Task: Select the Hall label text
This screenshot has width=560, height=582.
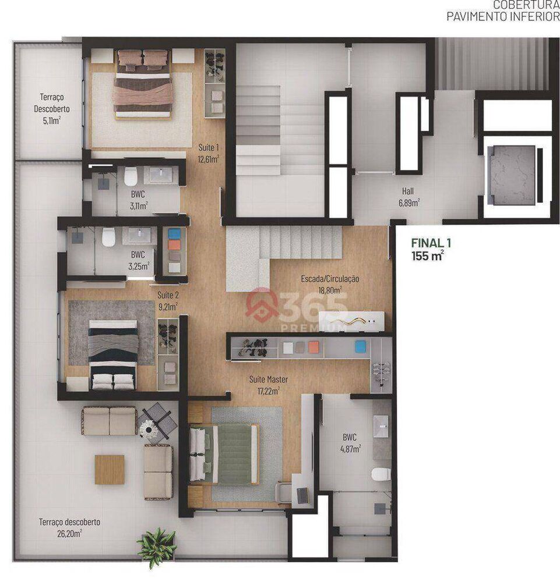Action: tap(408, 191)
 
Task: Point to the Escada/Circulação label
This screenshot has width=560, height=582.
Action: tap(330, 279)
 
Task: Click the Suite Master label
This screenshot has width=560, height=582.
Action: tap(269, 379)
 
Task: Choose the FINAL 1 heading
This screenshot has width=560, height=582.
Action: tap(431, 244)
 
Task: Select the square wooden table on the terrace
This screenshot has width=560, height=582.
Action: tap(110, 469)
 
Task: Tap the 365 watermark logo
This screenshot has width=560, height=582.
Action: tap(297, 307)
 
